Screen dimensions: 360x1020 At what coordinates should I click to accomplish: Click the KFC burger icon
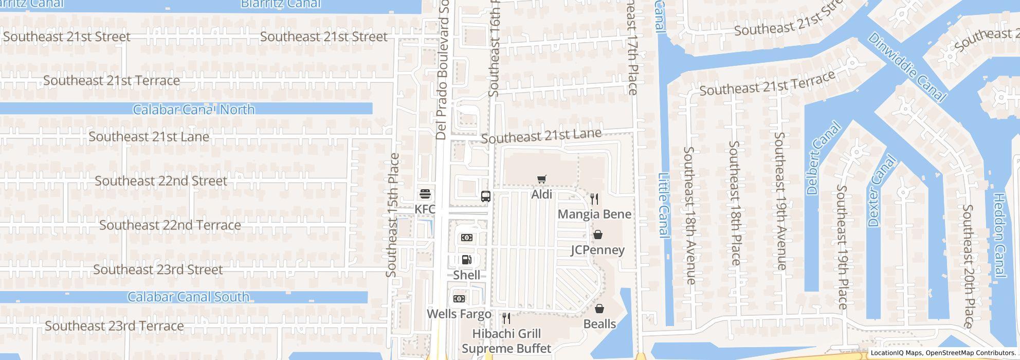click(425, 194)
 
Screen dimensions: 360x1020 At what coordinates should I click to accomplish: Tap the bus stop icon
click(485, 196)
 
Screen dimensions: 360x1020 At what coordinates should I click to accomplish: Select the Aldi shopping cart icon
click(541, 179)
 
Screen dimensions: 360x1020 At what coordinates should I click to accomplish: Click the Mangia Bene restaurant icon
click(594, 199)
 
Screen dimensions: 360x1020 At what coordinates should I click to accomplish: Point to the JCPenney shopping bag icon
click(598, 235)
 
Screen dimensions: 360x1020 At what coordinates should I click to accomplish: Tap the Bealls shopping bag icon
click(599, 309)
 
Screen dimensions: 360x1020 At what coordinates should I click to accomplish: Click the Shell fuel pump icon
click(466, 260)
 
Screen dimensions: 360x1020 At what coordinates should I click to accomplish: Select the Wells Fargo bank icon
click(459, 299)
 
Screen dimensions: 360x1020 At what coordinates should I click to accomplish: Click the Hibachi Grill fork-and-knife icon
click(506, 318)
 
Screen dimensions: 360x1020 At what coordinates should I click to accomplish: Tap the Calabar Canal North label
click(194, 110)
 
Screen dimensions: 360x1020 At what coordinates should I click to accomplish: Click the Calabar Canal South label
click(188, 297)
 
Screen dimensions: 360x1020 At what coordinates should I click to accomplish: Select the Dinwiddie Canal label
click(907, 67)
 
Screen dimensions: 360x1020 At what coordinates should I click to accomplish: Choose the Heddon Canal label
click(999, 236)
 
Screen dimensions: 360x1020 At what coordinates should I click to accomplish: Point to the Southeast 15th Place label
click(393, 215)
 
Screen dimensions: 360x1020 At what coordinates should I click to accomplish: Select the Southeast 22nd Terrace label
click(170, 225)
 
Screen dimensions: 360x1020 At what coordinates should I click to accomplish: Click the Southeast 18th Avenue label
click(689, 215)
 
